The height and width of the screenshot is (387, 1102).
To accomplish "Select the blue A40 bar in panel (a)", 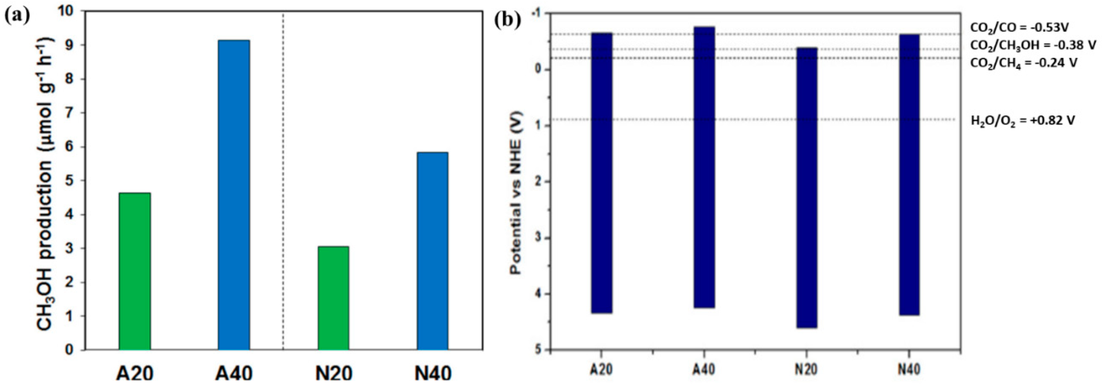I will point(234,195).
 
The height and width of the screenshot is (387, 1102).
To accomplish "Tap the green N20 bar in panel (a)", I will point(333,298).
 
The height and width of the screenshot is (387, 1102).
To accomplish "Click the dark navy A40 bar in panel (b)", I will point(704,167).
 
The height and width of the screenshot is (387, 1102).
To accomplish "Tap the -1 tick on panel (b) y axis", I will point(536,13).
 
